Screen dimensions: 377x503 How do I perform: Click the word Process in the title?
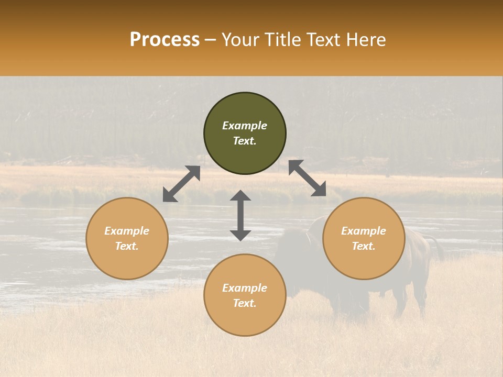pyautogui.click(x=165, y=40)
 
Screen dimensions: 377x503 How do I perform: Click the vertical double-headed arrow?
pyautogui.click(x=240, y=216)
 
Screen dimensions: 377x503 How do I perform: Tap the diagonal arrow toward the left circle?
pyautogui.click(x=181, y=184)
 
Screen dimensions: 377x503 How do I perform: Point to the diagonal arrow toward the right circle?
pyautogui.click(x=307, y=179)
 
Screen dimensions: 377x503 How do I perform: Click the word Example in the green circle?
pyautogui.click(x=245, y=126)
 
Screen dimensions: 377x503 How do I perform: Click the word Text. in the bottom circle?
pyautogui.click(x=245, y=303)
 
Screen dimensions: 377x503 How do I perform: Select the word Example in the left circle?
pyautogui.click(x=127, y=231)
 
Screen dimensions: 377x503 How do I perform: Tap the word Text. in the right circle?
pyautogui.click(x=364, y=246)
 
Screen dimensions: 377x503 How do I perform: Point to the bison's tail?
pyautogui.click(x=438, y=249)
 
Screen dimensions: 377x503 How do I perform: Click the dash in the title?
pyautogui.click(x=211, y=40)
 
